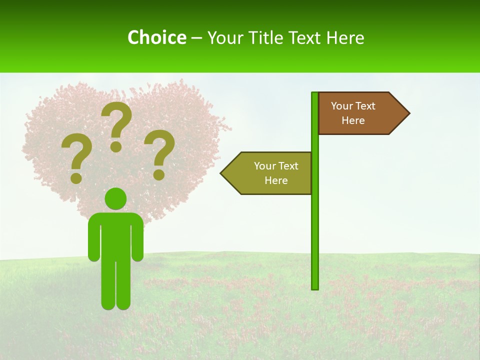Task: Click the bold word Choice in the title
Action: tap(156, 37)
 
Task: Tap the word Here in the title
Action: tap(345, 37)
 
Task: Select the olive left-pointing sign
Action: tap(270, 173)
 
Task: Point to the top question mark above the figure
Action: tap(116, 122)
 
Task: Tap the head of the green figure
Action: tap(116, 198)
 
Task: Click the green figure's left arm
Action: tap(93, 240)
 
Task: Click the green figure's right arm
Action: tap(138, 240)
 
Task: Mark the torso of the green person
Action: tap(116, 235)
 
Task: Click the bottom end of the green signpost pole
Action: tap(315, 287)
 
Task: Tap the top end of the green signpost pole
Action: tap(315, 94)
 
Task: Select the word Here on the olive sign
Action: tap(276, 180)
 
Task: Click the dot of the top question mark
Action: tap(116, 146)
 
